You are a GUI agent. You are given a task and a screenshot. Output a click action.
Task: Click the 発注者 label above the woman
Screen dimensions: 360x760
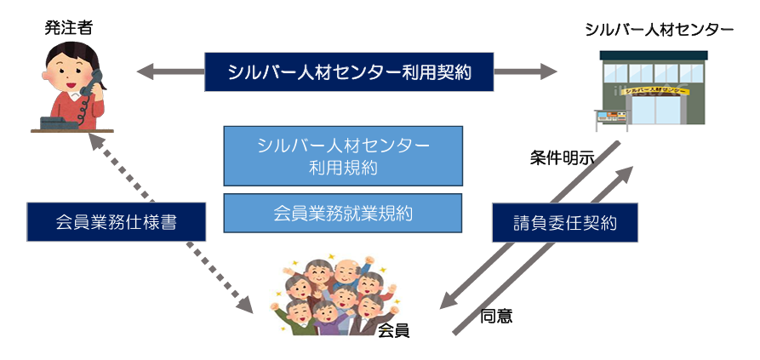pyautogui.click(x=69, y=29)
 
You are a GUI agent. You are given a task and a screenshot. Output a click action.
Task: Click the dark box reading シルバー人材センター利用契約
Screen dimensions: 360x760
pyautogui.click(x=349, y=72)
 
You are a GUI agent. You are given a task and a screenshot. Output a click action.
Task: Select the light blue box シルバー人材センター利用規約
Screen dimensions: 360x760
pyautogui.click(x=343, y=156)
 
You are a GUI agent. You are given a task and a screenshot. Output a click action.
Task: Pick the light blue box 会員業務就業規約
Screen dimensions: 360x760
pyautogui.click(x=343, y=213)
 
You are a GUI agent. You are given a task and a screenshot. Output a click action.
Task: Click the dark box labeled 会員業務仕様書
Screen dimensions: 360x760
pyautogui.click(x=116, y=223)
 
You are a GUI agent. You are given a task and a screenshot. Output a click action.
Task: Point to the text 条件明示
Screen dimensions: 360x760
pyautogui.click(x=563, y=157)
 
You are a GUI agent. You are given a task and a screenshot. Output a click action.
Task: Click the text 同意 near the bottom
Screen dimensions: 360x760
pyautogui.click(x=496, y=316)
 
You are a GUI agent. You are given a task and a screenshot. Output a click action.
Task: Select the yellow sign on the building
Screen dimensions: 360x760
pyautogui.click(x=655, y=89)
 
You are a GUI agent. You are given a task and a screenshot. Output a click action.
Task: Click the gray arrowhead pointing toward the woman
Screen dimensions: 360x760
pyautogui.click(x=145, y=71)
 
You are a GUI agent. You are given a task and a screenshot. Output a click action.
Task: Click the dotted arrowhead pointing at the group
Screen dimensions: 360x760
pyautogui.click(x=246, y=301)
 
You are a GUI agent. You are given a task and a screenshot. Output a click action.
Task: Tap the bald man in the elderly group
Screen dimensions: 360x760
pyautogui.click(x=344, y=271)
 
